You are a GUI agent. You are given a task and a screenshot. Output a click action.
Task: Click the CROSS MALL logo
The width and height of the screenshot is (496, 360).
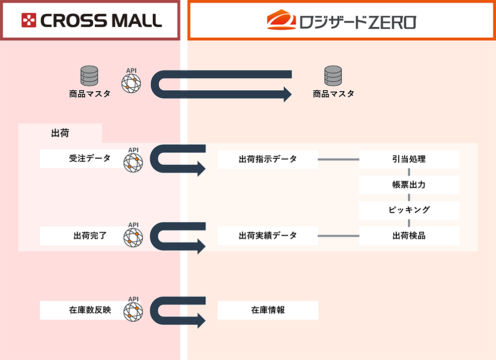click(91, 20)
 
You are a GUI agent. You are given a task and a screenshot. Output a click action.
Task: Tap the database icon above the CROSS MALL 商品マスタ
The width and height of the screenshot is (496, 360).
click(89, 76)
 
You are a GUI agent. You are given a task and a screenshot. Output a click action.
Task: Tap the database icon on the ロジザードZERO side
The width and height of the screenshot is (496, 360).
click(333, 76)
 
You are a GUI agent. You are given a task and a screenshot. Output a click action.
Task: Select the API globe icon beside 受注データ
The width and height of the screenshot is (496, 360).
click(132, 162)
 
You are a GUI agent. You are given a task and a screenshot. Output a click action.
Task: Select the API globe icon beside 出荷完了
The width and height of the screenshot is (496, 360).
click(132, 238)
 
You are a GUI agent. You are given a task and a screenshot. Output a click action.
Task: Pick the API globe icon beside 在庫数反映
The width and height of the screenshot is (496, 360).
click(132, 312)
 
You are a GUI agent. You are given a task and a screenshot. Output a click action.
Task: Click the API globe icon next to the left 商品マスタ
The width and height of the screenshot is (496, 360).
click(131, 83)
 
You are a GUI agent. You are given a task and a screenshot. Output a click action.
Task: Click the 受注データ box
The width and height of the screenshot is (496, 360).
click(82, 159)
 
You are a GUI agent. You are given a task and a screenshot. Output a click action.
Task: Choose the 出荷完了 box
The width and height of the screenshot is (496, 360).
click(82, 236)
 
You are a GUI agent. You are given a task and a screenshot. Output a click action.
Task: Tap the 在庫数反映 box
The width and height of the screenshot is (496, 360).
click(82, 310)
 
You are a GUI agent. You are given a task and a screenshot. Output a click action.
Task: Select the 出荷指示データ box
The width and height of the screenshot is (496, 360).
click(268, 159)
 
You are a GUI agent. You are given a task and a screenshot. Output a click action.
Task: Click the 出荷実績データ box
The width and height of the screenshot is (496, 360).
click(268, 236)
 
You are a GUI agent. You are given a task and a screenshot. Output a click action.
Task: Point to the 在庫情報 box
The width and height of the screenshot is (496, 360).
click(268, 310)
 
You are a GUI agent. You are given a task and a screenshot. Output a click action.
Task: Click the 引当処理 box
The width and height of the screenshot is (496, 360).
click(409, 159)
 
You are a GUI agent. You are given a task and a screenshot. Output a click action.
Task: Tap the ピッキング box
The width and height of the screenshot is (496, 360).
click(409, 210)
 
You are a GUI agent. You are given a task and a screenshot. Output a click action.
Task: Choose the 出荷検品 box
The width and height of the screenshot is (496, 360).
click(409, 236)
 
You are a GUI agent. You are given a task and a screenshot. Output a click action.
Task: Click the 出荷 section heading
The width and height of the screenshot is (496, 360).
click(60, 133)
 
